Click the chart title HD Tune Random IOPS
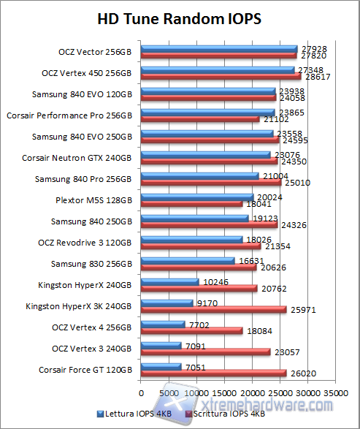pyautogui.click(x=179, y=18)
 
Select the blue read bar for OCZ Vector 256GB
pyautogui.click(x=219, y=49)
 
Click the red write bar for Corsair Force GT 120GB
pyautogui.click(x=213, y=373)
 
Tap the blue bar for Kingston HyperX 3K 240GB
pyautogui.click(x=167, y=303)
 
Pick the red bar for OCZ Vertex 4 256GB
pyautogui.click(x=191, y=330)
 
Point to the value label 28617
pyautogui.click(x=315, y=77)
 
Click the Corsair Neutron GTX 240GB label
pyautogui.click(x=77, y=158)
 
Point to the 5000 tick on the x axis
pyautogui.click(x=169, y=392)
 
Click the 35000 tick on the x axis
pyautogui.click(x=336, y=392)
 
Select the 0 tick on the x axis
pyautogui.click(x=141, y=392)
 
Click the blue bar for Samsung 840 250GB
pyautogui.click(x=194, y=218)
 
